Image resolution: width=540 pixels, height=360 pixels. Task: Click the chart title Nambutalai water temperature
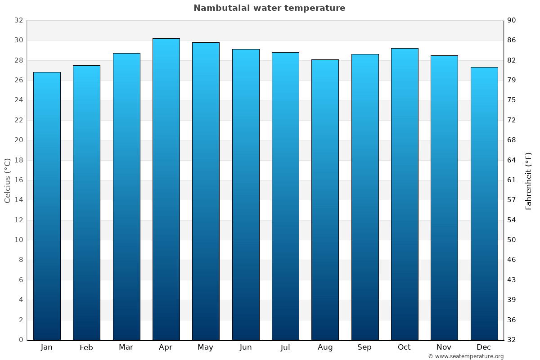[x=270, y=8]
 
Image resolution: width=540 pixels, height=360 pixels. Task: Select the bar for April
[x=166, y=189]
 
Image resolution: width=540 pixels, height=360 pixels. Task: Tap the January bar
[x=47, y=206]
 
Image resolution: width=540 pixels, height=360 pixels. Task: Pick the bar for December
[x=484, y=203]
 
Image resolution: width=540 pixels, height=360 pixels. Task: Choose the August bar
[x=325, y=199]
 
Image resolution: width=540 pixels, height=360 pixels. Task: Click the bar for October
[x=405, y=194]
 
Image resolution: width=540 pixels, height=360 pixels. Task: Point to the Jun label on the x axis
[x=246, y=347]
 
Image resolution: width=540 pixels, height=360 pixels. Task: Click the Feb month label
[x=86, y=347]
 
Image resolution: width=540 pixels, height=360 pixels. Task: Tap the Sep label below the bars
[x=364, y=347]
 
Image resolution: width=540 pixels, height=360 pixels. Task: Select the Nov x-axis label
[x=444, y=347]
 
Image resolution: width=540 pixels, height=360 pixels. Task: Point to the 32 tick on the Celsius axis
[x=18, y=20]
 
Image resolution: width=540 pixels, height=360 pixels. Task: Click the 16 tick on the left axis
[x=18, y=180]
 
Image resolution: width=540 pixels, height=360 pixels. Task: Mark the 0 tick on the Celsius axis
[x=21, y=340]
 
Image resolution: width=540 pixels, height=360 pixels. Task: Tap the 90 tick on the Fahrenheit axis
[x=512, y=20]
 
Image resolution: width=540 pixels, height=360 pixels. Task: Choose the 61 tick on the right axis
[x=512, y=180]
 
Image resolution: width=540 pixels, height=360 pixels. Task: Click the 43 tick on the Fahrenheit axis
[x=512, y=280]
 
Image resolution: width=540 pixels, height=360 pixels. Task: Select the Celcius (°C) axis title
[x=8, y=180]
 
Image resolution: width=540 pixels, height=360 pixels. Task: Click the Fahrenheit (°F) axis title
[x=529, y=181]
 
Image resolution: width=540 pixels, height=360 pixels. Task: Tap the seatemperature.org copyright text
[x=466, y=356]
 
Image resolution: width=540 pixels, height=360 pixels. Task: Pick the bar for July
[x=285, y=196]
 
